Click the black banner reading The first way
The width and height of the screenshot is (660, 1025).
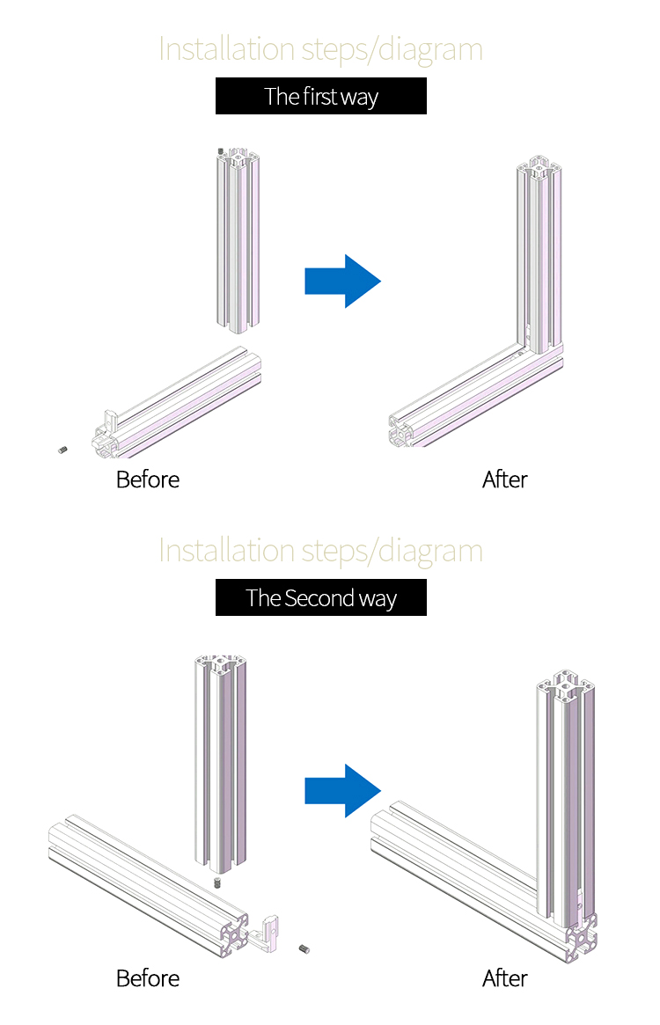[x=321, y=96]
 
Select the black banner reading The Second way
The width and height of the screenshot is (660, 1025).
[x=321, y=598]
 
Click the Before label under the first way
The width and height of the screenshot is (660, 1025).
[x=147, y=480]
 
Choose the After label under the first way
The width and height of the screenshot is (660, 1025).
[x=504, y=480]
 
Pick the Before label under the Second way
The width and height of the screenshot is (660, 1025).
[x=147, y=978]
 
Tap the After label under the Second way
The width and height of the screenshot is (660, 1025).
[x=504, y=978]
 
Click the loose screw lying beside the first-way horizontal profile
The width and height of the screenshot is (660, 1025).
[x=63, y=450]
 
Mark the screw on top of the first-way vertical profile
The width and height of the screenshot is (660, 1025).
[x=221, y=151]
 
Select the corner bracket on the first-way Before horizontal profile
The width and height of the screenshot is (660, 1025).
[x=111, y=421]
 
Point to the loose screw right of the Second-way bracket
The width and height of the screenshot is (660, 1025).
[x=304, y=949]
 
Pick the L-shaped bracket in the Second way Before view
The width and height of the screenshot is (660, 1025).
[x=271, y=930]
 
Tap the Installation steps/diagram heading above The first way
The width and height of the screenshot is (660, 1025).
[x=321, y=49]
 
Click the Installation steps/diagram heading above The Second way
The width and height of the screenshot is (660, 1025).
[x=321, y=551]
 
